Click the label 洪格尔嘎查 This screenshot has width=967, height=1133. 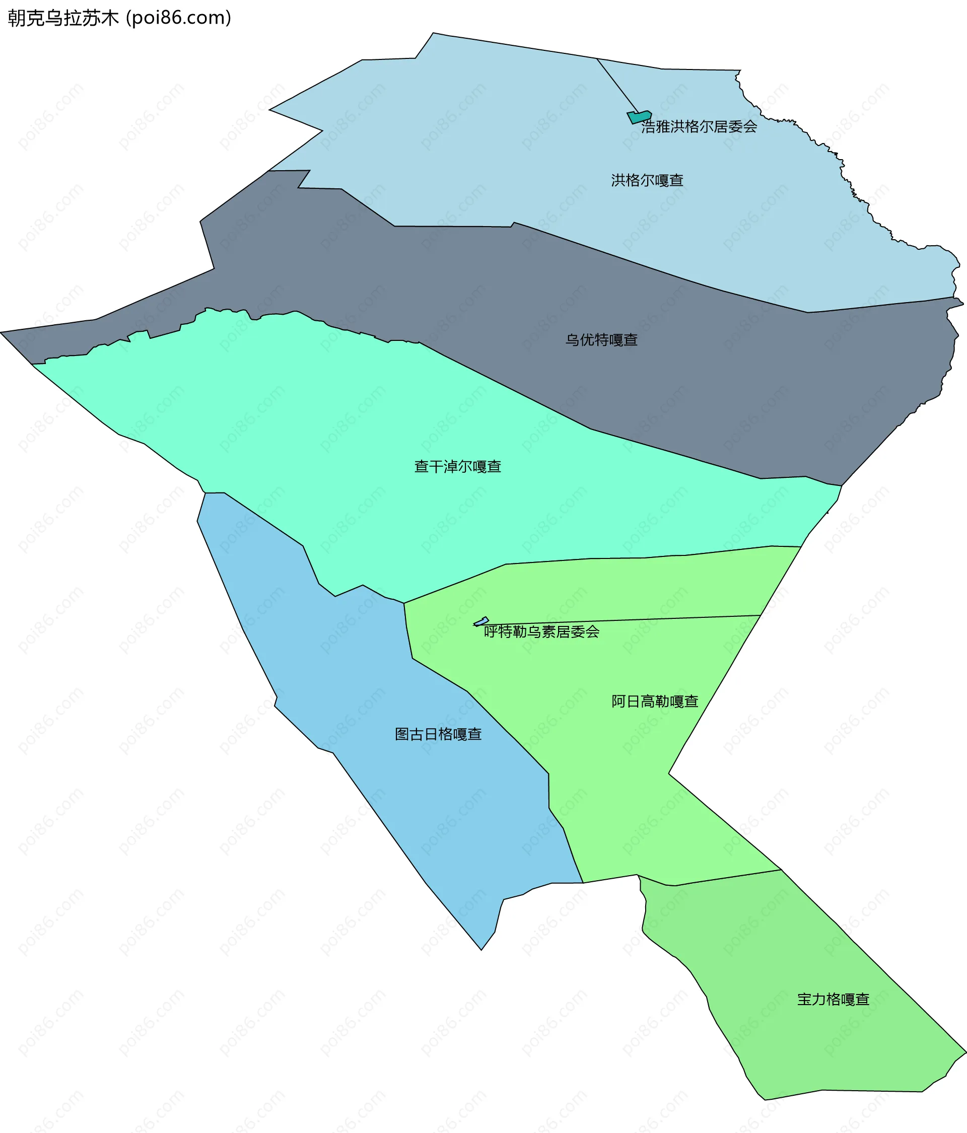647,180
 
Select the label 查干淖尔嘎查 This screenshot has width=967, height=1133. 457,466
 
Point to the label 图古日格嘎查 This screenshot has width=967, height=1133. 438,734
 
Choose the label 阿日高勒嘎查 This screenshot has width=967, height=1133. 655,701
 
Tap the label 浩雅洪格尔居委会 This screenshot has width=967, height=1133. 699,127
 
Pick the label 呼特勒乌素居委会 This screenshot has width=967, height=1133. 541,632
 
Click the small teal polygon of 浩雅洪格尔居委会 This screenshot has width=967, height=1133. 639,117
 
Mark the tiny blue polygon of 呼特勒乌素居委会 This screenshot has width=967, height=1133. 481,622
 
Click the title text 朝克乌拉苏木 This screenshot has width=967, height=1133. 63,18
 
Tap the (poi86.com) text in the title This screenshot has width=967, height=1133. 179,18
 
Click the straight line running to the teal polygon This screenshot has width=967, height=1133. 617,85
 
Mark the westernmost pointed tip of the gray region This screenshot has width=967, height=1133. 2,332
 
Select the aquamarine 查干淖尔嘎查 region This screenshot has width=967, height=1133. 328,438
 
